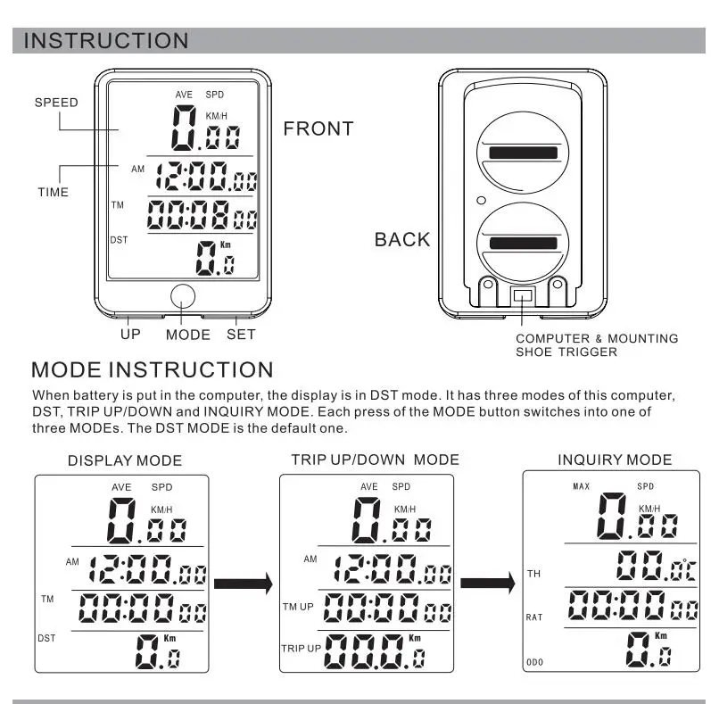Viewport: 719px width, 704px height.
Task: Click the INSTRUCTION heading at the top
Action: click(105, 41)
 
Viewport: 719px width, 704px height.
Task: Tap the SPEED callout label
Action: click(56, 103)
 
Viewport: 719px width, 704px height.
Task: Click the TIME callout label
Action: click(53, 192)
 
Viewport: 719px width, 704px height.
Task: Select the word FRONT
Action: click(318, 128)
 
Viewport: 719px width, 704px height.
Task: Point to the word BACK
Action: click(401, 239)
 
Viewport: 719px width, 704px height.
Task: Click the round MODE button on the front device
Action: click(183, 297)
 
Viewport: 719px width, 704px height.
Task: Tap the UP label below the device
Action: click(131, 335)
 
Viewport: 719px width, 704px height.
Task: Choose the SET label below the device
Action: click(241, 335)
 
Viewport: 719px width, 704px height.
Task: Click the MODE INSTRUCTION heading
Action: click(152, 369)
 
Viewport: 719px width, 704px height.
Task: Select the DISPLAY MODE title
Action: click(125, 461)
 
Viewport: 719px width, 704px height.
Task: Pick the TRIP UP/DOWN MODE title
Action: click(375, 460)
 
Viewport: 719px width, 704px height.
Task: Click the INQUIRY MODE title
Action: click(615, 460)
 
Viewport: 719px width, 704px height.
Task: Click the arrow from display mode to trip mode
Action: click(243, 585)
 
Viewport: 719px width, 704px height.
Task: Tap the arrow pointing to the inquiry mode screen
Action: click(488, 585)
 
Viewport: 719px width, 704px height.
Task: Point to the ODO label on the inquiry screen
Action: click(533, 661)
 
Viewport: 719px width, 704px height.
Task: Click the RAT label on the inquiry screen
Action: click(534, 617)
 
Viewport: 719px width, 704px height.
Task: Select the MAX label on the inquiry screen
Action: click(581, 486)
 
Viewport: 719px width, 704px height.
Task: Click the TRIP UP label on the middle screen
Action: click(301, 647)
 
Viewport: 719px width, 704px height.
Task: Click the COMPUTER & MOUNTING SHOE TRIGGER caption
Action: click(597, 345)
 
